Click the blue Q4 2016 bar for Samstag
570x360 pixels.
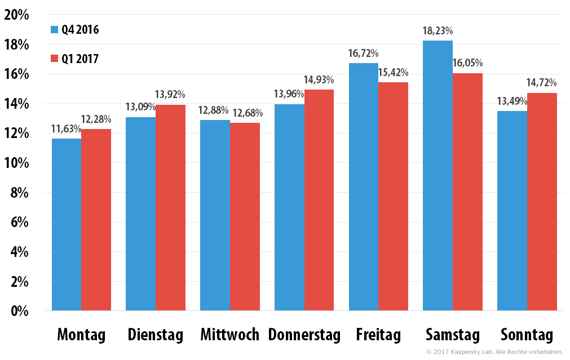pos(438,175)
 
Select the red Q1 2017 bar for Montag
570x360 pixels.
pos(96,220)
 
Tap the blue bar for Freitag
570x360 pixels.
pos(363,186)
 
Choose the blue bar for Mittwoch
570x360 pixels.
pos(215,215)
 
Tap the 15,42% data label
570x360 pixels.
pos(393,73)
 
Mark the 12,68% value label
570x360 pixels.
pos(245,113)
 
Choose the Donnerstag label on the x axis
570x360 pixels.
pos(304,335)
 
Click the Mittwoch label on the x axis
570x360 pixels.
pos(229,335)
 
